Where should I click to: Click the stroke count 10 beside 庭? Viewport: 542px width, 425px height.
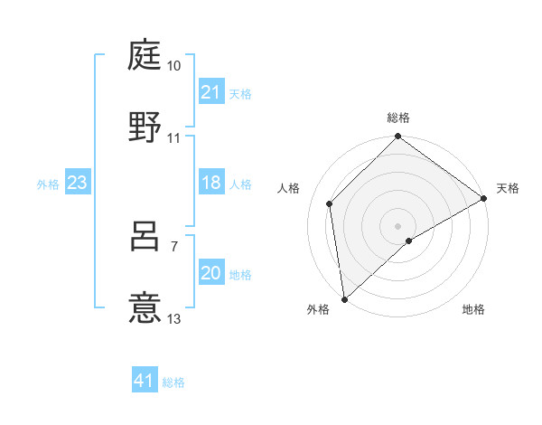coord(174,67)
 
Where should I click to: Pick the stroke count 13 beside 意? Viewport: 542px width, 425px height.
coord(174,319)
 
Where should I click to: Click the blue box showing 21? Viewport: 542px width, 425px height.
coord(211,92)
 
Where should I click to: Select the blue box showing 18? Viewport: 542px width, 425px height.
coord(211,183)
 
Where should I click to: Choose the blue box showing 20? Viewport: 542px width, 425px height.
coord(211,273)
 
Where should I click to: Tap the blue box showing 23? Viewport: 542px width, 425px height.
coord(78,183)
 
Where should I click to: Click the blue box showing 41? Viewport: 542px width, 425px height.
coord(145,381)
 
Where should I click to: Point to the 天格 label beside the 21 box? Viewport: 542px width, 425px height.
coord(240,94)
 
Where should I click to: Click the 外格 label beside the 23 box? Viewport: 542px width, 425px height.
coord(48,184)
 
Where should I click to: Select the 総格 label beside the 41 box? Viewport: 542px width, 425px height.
coord(173,382)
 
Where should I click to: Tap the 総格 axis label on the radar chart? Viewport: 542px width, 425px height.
coord(398,118)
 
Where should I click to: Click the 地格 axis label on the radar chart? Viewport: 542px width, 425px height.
coord(473,310)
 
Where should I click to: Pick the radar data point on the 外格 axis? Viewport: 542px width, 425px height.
coord(343,299)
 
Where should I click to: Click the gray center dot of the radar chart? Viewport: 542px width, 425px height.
coord(398,225)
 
